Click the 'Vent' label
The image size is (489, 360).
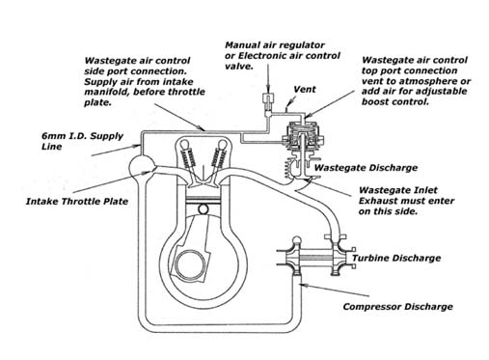coord(305,90)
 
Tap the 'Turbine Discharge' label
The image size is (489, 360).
coord(396,258)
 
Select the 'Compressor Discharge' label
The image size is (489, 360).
coord(398,307)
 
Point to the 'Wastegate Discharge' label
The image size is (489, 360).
coord(366,168)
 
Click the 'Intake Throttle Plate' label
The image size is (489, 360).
coord(77,202)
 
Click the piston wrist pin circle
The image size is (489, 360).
coord(204,209)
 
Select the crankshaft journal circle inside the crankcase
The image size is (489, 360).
coord(190,265)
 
